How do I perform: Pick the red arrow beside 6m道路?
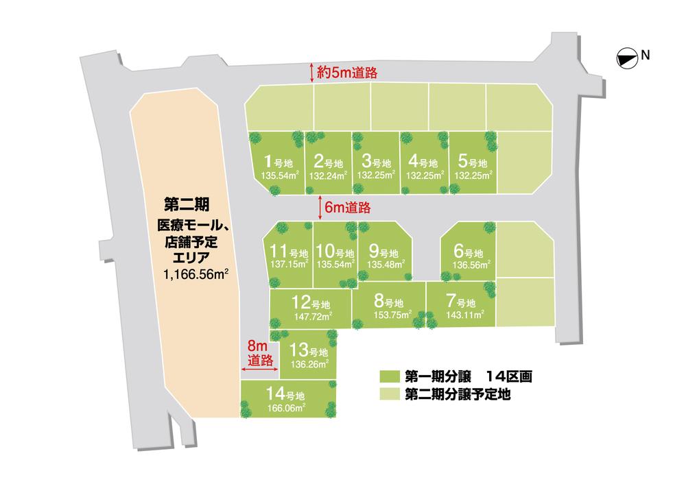pos(322,206)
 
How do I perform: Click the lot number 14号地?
pos(286,396)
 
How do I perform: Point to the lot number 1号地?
pos(279,162)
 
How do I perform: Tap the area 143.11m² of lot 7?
pos(464,315)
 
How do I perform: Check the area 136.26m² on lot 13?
pos(309,364)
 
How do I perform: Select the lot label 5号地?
pos(472,162)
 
